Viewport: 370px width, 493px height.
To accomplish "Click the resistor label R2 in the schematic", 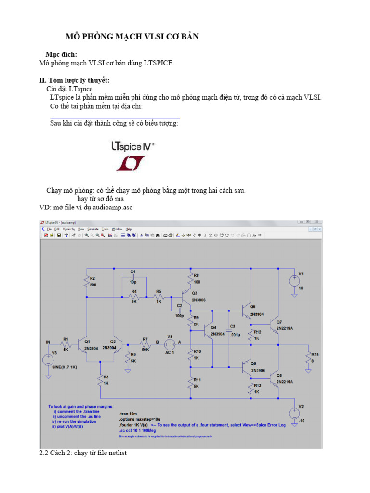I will point(92,278).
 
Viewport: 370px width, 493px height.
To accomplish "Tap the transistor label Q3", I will point(194,293).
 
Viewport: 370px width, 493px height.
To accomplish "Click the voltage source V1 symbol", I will point(293,281).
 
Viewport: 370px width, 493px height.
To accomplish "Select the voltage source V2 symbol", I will point(293,413).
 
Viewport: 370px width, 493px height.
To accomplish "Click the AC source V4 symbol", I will point(170,344).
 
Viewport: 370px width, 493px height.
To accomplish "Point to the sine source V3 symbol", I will point(47,359).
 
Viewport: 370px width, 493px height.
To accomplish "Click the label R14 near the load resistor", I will point(316,354).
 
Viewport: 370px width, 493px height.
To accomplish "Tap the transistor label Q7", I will point(279,322).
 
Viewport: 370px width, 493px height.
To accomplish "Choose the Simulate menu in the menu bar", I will point(92,229).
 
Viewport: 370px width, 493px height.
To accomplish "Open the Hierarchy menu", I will point(68,229).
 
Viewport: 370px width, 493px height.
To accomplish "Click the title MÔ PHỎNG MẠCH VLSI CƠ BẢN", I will point(132,37).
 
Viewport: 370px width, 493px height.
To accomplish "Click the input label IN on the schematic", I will point(48,342).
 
